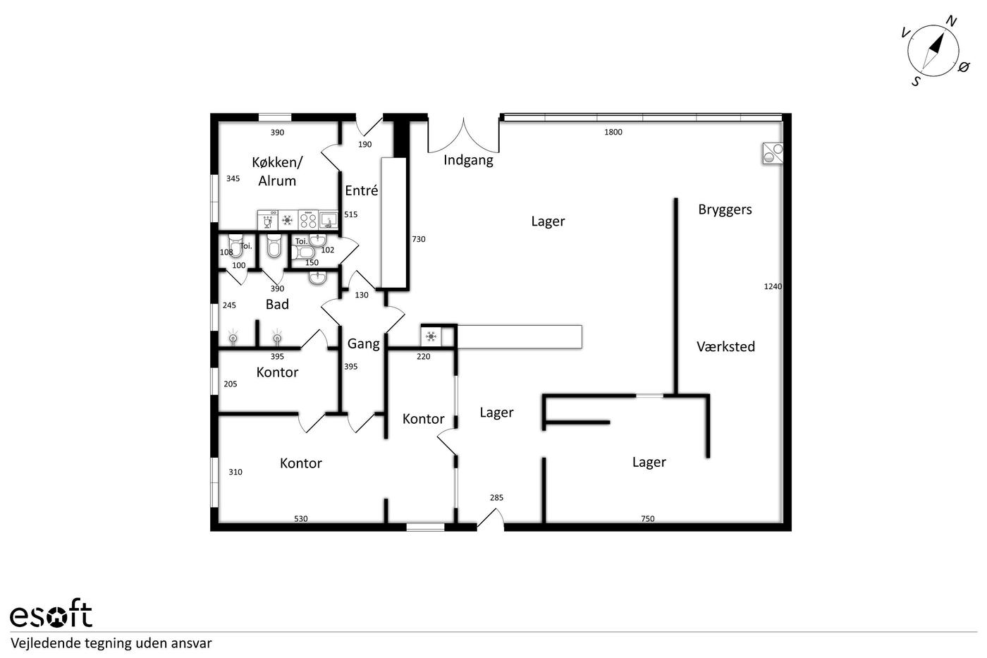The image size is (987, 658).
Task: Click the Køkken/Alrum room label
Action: pyautogui.click(x=277, y=171)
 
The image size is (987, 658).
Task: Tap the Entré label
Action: pyautogui.click(x=361, y=190)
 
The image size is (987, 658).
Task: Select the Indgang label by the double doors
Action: pyautogui.click(x=468, y=160)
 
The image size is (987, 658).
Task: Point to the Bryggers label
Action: pyautogui.click(x=725, y=209)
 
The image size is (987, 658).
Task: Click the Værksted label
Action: pyautogui.click(x=725, y=346)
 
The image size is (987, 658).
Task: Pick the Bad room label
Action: pyautogui.click(x=277, y=304)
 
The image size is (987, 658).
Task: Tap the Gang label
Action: pyautogui.click(x=364, y=343)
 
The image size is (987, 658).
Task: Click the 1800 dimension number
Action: pyautogui.click(x=613, y=132)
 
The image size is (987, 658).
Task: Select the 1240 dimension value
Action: pyautogui.click(x=773, y=286)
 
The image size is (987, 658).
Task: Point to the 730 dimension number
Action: pyautogui.click(x=419, y=239)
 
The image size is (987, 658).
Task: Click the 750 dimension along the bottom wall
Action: pyautogui.click(x=648, y=519)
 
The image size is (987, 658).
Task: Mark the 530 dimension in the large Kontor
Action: pyautogui.click(x=301, y=519)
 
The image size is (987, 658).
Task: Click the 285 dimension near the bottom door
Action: pyautogui.click(x=496, y=498)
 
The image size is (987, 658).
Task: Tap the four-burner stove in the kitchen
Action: pyautogui.click(x=308, y=219)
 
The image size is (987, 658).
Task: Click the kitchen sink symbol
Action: pyautogui.click(x=329, y=219)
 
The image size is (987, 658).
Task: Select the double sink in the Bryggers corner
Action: pyautogui.click(x=773, y=153)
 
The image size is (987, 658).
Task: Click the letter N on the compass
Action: pyautogui.click(x=951, y=20)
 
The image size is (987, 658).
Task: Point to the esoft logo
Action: pyautogui.click(x=51, y=613)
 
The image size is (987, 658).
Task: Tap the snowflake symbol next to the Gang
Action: pyautogui.click(x=431, y=336)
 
